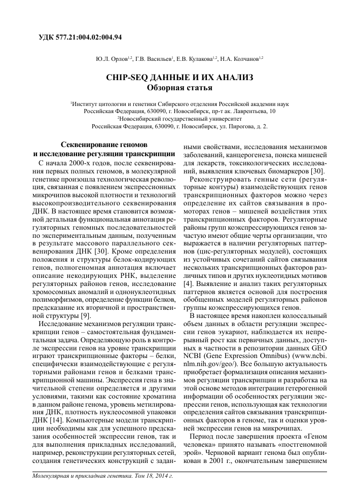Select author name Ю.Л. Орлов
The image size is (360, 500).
112,59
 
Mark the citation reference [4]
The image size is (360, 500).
187,282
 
